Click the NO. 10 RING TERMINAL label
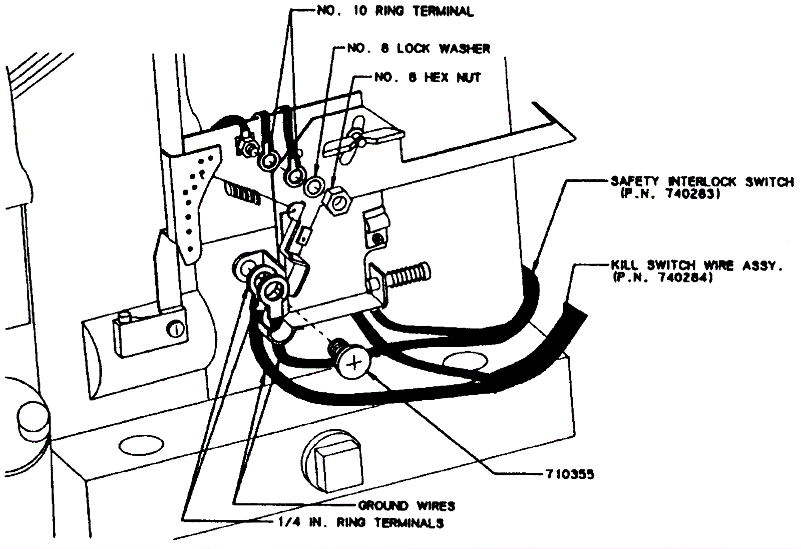coord(395,11)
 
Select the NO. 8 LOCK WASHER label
coord(419,49)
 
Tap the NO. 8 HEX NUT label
coord(428,78)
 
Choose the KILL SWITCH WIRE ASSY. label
coord(696,265)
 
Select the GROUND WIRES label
coord(407,505)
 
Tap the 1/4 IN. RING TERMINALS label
coord(361,523)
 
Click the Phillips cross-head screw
coord(354,363)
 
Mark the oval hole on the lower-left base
coord(142,443)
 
